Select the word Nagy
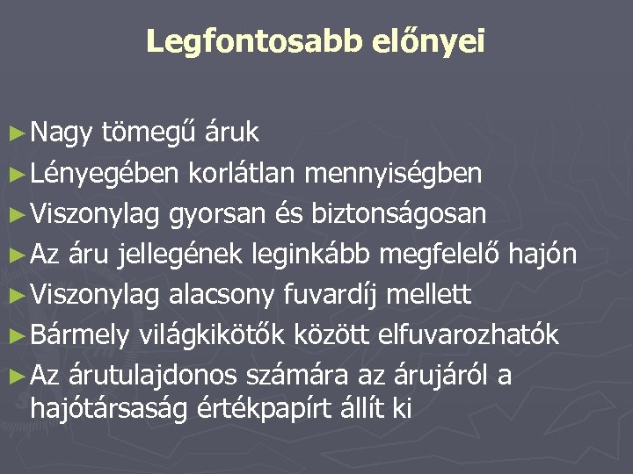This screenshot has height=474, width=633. point(62,133)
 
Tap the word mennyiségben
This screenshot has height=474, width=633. point(393,173)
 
